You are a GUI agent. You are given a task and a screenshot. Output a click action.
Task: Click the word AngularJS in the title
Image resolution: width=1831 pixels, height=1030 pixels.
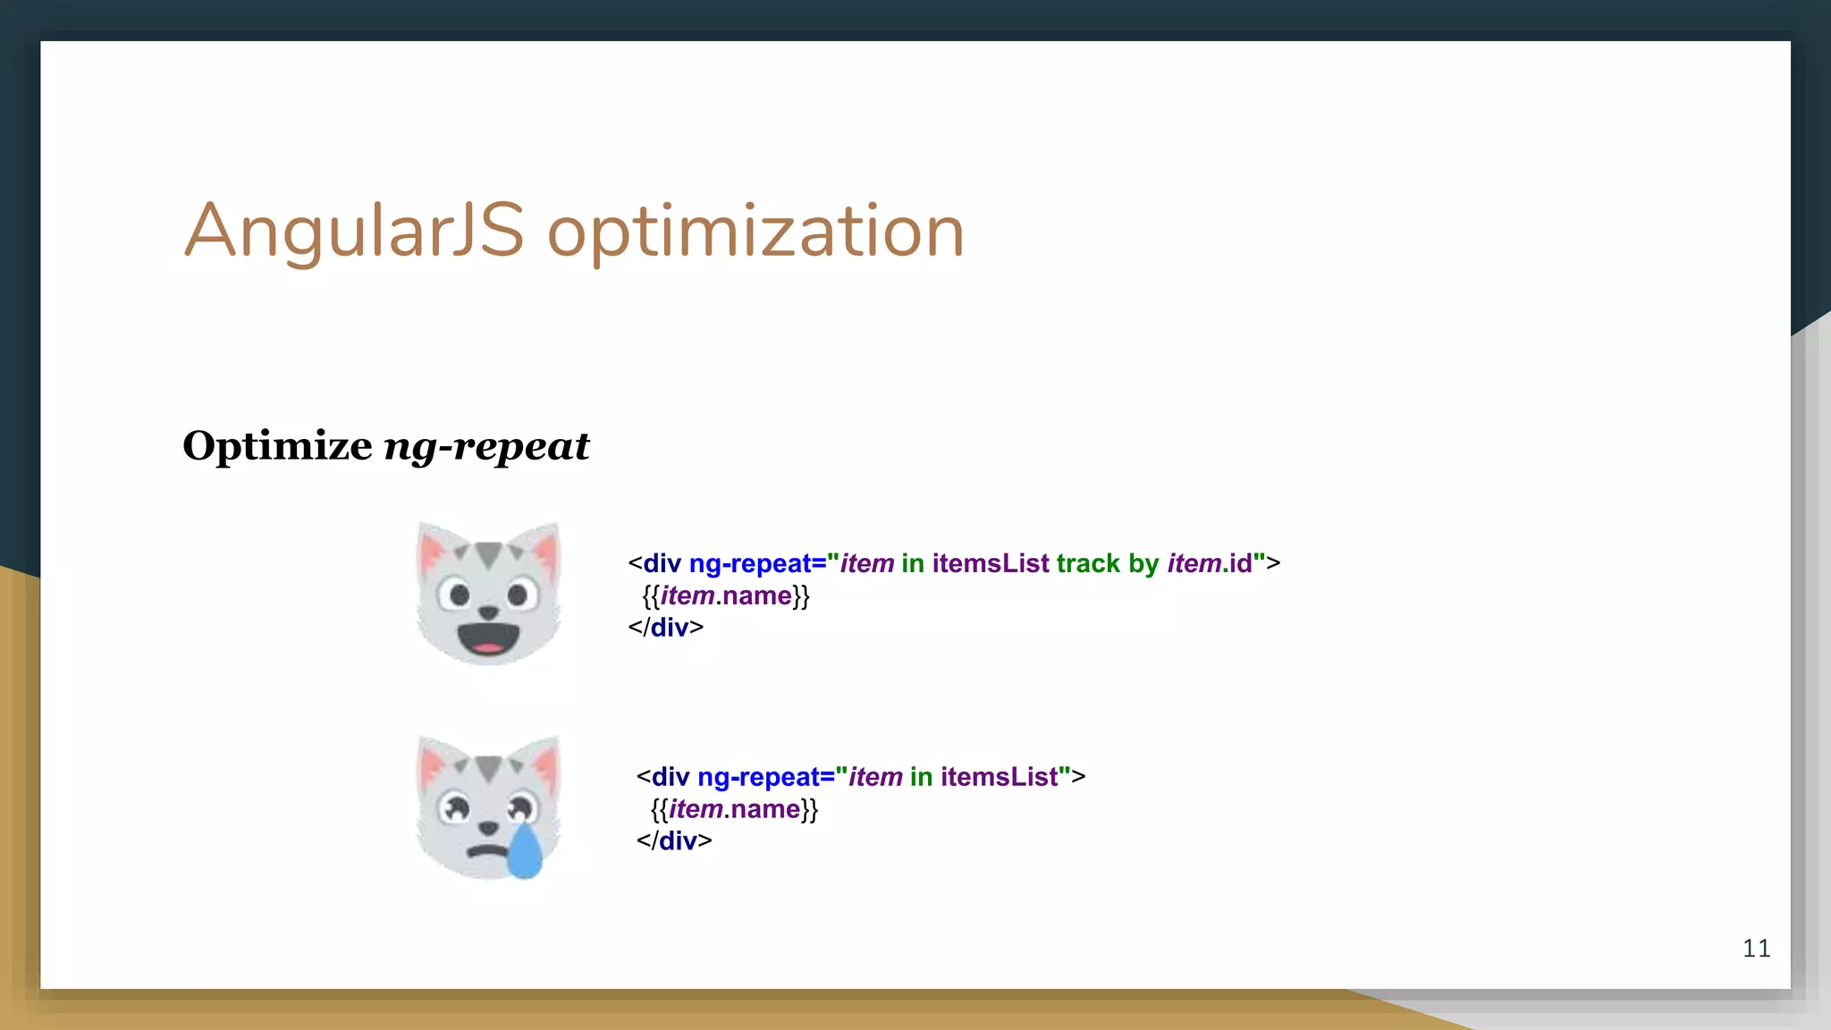(x=353, y=232)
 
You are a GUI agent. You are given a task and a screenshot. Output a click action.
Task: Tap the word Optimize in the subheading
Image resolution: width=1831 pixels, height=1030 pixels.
(x=277, y=445)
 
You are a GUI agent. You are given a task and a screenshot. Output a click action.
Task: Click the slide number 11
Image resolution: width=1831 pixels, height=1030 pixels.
(x=1756, y=949)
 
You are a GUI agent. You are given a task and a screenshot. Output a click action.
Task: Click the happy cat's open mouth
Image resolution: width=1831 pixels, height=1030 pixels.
(x=488, y=638)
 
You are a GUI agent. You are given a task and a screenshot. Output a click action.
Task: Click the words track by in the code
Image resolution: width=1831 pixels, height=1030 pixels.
(x=1107, y=564)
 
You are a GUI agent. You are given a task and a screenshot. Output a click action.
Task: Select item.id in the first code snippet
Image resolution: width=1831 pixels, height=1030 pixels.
(x=1210, y=564)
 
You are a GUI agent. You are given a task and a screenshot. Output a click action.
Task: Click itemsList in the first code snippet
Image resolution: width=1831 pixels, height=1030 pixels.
(x=990, y=564)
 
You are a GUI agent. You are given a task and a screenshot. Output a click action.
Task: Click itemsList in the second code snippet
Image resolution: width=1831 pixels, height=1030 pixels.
(x=999, y=777)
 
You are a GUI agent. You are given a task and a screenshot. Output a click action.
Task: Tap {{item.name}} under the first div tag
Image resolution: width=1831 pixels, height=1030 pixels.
(x=725, y=596)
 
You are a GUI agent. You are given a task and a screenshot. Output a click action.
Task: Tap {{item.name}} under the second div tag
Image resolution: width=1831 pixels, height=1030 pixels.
(x=733, y=810)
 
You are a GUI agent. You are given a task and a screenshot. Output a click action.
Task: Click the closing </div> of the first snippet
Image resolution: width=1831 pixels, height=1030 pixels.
(x=665, y=628)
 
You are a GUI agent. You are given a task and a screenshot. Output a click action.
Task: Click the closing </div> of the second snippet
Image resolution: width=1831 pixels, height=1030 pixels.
(x=673, y=841)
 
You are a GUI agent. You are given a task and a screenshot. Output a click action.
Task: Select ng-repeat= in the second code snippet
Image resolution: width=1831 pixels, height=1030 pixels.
(x=765, y=777)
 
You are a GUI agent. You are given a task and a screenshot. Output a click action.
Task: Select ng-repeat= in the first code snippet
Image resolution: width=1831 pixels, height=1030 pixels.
(x=757, y=564)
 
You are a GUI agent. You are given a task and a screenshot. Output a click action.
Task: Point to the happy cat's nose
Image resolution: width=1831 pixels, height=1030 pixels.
(x=488, y=612)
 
